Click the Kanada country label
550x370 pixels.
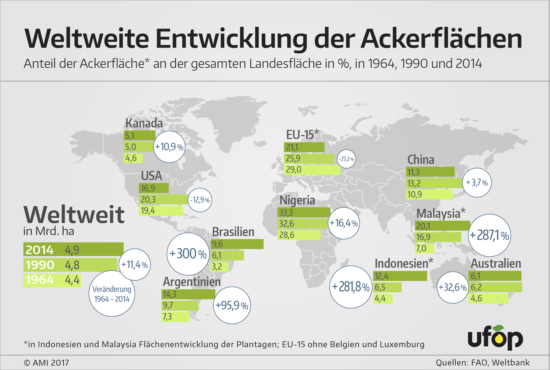(x=144, y=123)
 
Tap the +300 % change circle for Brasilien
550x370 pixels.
(x=188, y=254)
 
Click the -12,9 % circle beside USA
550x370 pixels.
(x=200, y=200)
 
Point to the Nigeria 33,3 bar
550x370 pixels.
(x=304, y=213)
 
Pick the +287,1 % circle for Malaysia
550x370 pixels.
(x=489, y=235)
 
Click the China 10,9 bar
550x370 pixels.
(x=429, y=195)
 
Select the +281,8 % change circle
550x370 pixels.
(x=351, y=287)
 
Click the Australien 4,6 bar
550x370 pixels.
(x=488, y=298)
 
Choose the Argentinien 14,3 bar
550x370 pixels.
(x=188, y=294)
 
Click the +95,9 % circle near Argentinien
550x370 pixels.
(x=232, y=305)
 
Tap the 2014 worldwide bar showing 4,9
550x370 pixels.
(x=73, y=250)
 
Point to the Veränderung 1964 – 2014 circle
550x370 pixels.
(x=112, y=294)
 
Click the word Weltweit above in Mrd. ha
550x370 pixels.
(x=74, y=215)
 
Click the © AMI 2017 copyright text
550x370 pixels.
(x=46, y=363)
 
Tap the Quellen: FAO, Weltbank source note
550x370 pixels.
(x=483, y=362)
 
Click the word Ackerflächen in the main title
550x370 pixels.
(x=441, y=39)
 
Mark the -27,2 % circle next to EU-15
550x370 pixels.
(x=346, y=159)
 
